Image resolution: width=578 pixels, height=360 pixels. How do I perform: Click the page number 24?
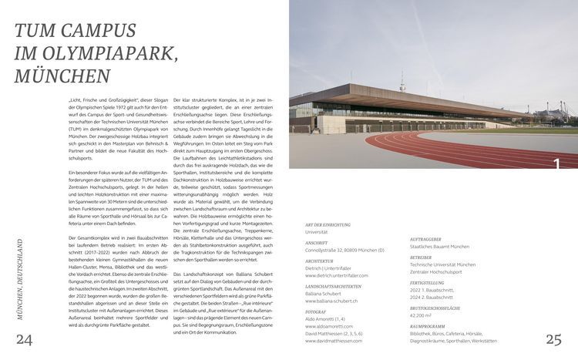(25, 341)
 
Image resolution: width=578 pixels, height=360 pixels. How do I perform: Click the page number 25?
(553, 339)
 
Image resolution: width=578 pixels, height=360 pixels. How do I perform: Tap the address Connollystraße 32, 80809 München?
(344, 250)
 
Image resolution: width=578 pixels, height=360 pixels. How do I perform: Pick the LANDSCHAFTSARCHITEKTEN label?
(334, 287)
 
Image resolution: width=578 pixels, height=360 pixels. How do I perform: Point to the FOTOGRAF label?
(316, 312)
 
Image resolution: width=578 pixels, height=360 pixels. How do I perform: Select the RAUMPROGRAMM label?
(428, 327)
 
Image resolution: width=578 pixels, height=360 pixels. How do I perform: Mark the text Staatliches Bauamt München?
(440, 247)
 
